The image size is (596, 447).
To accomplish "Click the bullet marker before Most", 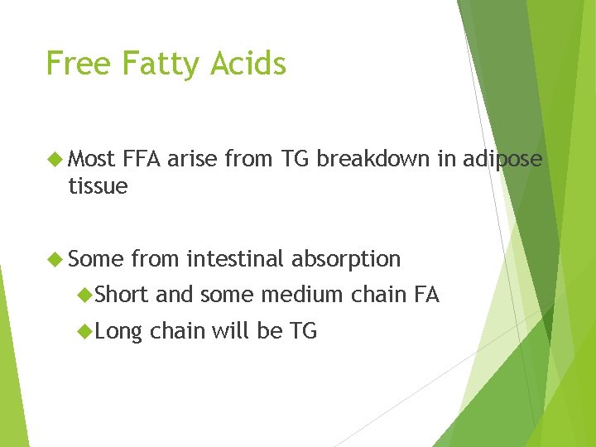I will (x=56, y=158).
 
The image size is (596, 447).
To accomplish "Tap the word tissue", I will (x=98, y=186).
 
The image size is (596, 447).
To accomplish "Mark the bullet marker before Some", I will (x=56, y=259).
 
